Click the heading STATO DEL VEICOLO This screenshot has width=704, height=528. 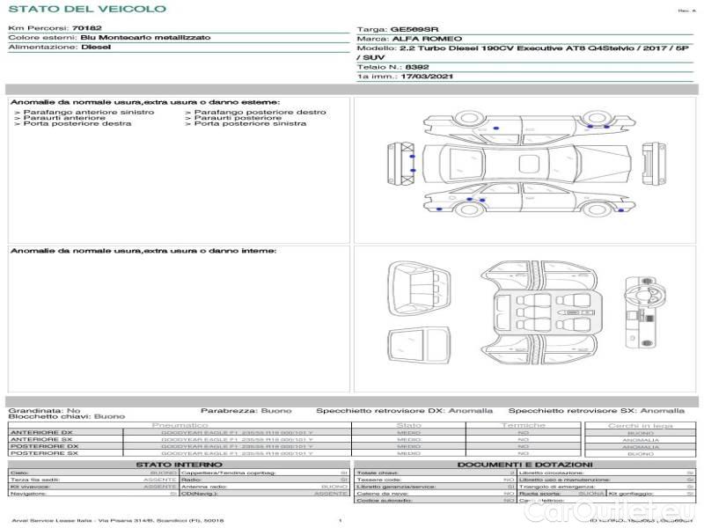click(x=87, y=10)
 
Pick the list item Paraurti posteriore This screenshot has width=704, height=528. click(x=238, y=118)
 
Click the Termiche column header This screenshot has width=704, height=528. click(x=524, y=425)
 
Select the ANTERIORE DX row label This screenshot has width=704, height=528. click(x=41, y=433)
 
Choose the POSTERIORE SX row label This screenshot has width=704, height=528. click(x=43, y=453)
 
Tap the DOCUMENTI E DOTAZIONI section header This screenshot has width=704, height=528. click(x=524, y=464)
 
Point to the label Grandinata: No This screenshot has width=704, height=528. click(x=44, y=410)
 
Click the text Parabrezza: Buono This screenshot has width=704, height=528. click(x=246, y=410)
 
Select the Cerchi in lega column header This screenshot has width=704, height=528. click(x=640, y=425)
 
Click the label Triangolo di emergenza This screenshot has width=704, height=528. click(x=554, y=487)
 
